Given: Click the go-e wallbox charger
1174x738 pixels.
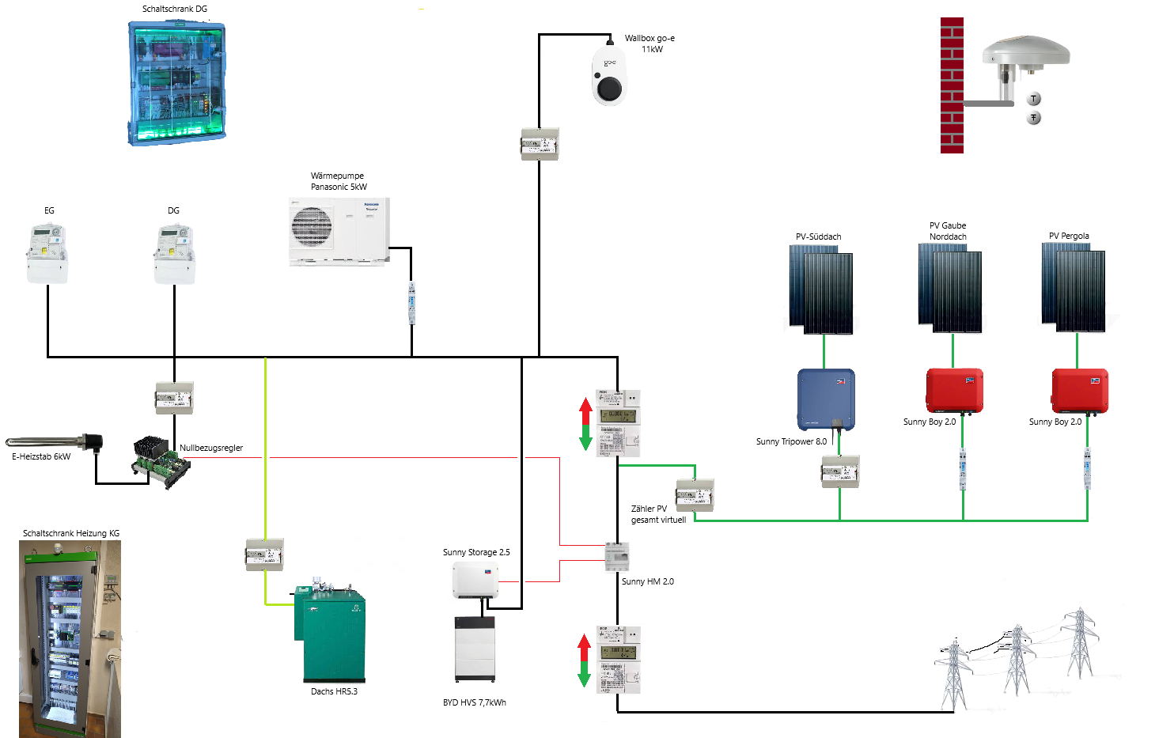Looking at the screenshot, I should tap(609, 76).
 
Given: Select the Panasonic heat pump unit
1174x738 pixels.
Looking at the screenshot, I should tap(339, 231).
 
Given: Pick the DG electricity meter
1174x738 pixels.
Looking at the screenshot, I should tap(174, 254).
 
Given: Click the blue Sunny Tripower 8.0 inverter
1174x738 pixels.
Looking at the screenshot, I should tap(826, 399).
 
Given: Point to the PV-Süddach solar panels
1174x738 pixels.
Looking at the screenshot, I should tap(821, 289).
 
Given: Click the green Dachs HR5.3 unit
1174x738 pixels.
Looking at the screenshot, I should tap(331, 634).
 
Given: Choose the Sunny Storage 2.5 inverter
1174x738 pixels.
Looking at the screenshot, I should tap(475, 581).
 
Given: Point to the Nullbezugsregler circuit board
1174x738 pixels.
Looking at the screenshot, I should tap(161, 462).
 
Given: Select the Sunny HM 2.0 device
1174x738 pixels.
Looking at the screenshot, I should tap(617, 556).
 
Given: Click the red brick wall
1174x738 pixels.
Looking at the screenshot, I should tap(952, 85).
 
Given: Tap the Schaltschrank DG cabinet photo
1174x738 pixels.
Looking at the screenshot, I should tap(176, 83).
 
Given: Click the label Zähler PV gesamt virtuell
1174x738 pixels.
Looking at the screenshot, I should tap(658, 514).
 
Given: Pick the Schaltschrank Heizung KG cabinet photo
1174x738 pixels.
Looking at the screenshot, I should tap(70, 639).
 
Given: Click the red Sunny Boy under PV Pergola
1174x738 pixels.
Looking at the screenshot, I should tap(1079, 391).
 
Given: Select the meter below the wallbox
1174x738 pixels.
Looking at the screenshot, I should tap(540, 145).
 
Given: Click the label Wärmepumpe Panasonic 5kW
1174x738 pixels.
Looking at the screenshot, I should tap(339, 181).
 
